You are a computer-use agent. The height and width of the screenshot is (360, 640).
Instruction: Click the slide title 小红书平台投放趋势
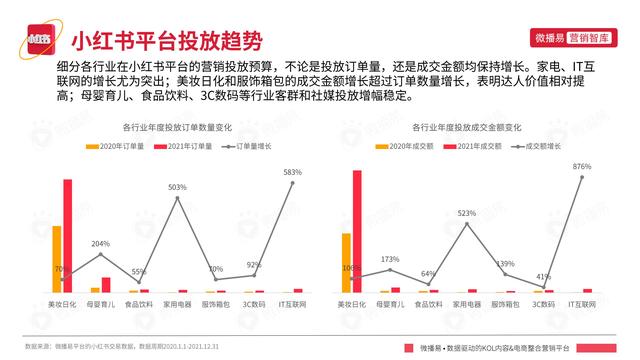coord(166,41)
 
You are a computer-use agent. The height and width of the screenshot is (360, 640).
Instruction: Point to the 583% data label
coord(292,172)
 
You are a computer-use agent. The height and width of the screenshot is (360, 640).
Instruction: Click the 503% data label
coord(177,187)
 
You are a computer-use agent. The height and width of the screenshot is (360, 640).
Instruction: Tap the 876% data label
coord(583,167)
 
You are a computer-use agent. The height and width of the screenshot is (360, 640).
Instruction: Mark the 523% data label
coord(466,212)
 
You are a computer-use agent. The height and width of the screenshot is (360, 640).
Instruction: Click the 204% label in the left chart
coord(101,243)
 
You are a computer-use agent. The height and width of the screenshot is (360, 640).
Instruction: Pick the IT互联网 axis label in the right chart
coord(583,303)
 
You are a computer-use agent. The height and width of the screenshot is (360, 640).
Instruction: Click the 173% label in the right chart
coord(389,259)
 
